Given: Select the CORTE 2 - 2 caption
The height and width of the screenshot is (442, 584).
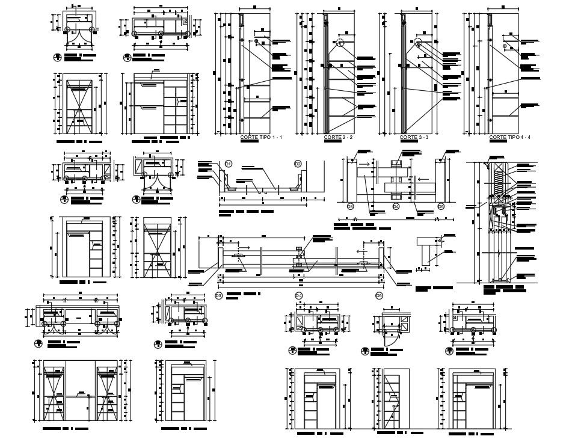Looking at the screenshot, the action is pos(337,138).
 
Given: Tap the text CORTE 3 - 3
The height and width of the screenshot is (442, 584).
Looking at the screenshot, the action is pos(414,138).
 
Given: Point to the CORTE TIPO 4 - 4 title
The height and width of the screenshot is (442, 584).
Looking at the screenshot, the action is pos(509,138).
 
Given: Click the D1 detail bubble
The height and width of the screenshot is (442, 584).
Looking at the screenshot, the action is pos(229,164).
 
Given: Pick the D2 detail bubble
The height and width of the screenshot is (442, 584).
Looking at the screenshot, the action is pos(297,164).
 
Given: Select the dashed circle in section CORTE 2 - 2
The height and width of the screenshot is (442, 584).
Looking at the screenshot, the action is pos(340,43).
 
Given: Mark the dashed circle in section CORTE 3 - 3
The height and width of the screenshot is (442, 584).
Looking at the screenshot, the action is pos(418,43).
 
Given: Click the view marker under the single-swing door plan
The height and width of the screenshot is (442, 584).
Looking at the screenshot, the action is pos(364,351).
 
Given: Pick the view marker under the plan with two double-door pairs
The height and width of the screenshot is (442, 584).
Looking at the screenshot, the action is pos(38,343).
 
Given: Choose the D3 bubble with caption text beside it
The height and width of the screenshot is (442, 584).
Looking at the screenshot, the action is pos(219,295).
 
